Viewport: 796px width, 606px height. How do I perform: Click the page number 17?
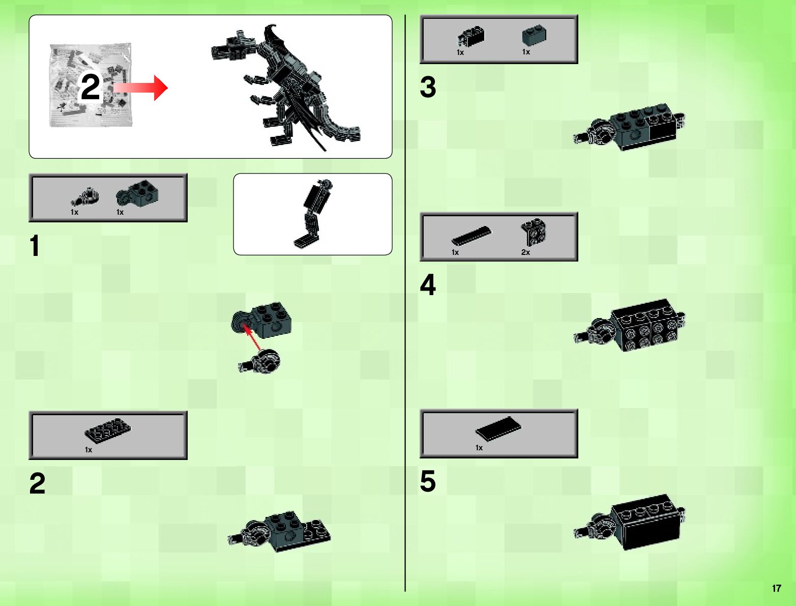click(776, 588)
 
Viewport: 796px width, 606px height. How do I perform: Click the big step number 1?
click(35, 246)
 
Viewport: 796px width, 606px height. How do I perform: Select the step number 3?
click(428, 87)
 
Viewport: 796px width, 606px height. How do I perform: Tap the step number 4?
click(428, 285)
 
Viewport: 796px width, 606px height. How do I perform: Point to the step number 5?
click(428, 481)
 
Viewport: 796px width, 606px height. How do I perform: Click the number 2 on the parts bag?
click(90, 86)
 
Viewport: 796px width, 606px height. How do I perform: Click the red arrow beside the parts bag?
click(140, 88)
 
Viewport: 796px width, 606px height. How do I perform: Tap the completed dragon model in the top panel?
click(286, 87)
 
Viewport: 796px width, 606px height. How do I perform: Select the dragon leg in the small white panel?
click(313, 214)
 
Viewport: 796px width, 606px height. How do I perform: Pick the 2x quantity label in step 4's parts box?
click(525, 252)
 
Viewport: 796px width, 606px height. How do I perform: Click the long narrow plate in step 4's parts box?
click(471, 236)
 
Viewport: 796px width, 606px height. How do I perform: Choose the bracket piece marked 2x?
click(533, 232)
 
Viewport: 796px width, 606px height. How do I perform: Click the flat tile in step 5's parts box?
click(498, 428)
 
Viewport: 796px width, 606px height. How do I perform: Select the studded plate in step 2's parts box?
click(108, 431)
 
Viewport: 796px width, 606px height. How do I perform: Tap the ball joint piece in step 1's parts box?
click(85, 197)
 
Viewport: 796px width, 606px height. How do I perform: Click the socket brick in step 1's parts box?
click(137, 193)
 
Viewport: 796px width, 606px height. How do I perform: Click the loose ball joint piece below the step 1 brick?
click(259, 362)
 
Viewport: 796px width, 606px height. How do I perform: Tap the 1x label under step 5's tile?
click(479, 448)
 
